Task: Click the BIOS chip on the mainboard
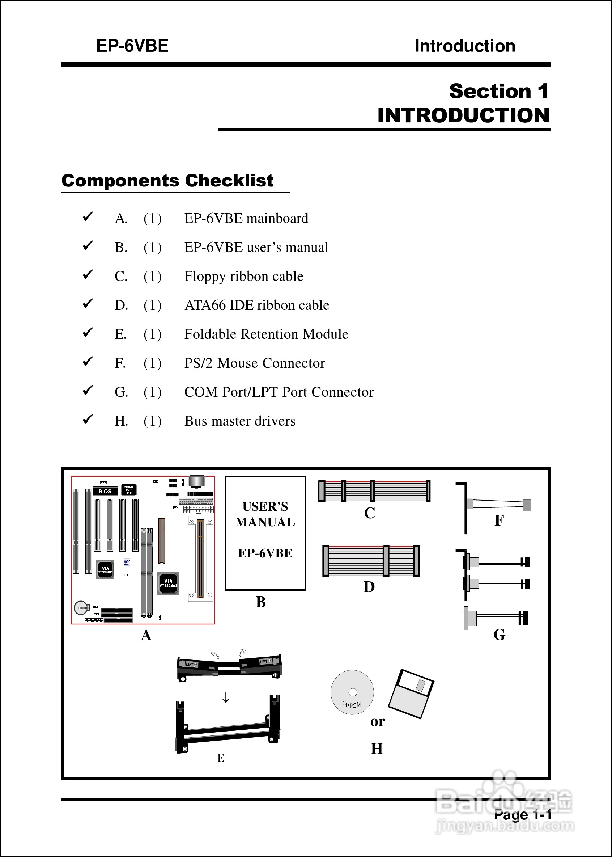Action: pyautogui.click(x=105, y=491)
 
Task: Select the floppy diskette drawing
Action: pyautogui.click(x=411, y=694)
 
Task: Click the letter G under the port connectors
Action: pyautogui.click(x=499, y=635)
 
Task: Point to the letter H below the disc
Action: pyautogui.click(x=377, y=749)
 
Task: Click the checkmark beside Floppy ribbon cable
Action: pyautogui.click(x=88, y=274)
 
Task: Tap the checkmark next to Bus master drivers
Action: pyautogui.click(x=88, y=419)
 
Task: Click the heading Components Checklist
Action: pyautogui.click(x=167, y=181)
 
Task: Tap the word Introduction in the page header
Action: pyautogui.click(x=465, y=46)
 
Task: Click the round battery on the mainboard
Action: pyautogui.click(x=81, y=607)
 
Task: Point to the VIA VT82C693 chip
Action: pyautogui.click(x=168, y=583)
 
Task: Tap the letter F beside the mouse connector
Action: pyautogui.click(x=498, y=520)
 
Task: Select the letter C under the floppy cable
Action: pyautogui.click(x=369, y=513)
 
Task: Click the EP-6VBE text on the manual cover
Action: pyautogui.click(x=265, y=553)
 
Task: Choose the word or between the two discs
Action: pyautogui.click(x=377, y=721)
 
